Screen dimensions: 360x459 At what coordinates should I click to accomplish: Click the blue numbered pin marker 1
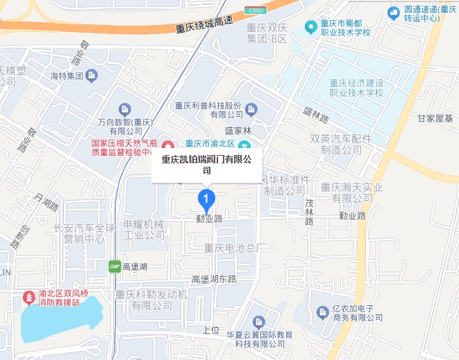pos(206,199)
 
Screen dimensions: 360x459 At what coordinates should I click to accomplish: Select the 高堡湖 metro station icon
pos(115,265)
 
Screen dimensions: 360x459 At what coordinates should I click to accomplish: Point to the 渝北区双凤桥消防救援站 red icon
pos(29,297)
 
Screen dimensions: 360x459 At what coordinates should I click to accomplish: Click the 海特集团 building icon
pos(91,75)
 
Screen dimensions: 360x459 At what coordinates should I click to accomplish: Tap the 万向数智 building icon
pos(125,108)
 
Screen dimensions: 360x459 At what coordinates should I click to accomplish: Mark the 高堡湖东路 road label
pos(214,279)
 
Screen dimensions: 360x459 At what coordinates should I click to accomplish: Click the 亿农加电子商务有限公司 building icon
pos(322,313)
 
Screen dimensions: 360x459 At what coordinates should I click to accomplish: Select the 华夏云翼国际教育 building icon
pos(258,322)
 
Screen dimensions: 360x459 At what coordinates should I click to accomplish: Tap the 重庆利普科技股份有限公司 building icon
pos(251,109)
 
